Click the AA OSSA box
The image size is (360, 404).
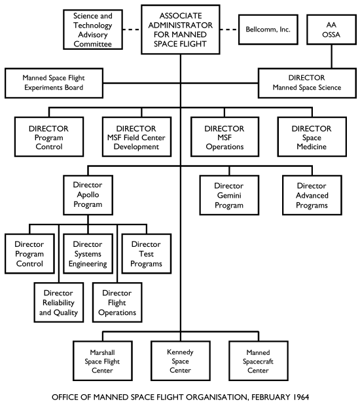point(331,29)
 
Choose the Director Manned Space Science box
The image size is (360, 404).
point(309,83)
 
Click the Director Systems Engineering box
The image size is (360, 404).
point(88,254)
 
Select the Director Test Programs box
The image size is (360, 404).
point(142,254)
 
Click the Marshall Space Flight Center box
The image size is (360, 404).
point(93,361)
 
